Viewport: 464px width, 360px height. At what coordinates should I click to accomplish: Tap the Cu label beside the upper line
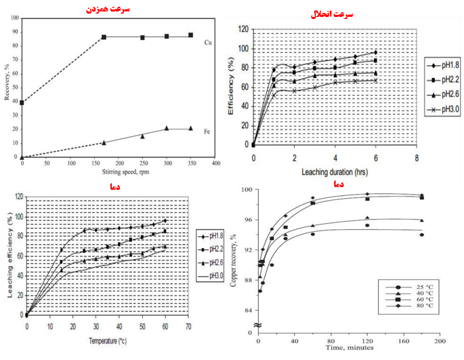pos(209,42)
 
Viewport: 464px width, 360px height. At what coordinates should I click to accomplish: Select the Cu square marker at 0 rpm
pos(22,102)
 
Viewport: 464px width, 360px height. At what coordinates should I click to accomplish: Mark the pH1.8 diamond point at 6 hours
pos(375,52)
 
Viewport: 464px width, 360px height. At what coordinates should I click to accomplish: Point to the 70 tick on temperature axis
pos(188,326)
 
